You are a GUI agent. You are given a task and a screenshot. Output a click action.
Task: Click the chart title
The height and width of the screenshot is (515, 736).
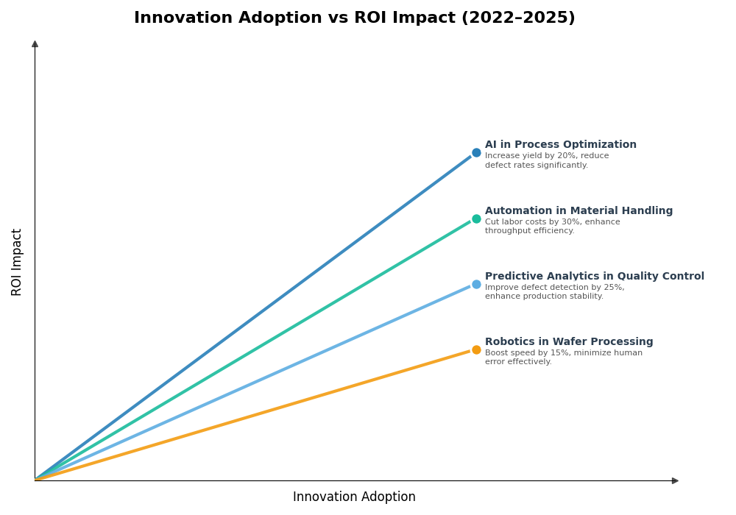point(354,18)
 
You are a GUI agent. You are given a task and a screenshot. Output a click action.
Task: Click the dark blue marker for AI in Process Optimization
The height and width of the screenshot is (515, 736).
point(476,153)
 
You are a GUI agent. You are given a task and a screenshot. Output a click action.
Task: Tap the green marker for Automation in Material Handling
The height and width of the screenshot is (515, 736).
point(476,219)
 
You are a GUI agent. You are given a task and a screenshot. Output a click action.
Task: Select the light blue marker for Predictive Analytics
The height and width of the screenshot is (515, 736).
point(476,284)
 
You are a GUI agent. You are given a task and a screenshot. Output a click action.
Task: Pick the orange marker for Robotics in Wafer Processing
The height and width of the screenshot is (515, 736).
point(476,349)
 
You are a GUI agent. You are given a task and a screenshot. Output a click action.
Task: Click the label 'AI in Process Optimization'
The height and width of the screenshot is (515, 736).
point(560,145)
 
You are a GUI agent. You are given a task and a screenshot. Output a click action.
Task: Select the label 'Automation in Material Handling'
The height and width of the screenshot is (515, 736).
point(578,211)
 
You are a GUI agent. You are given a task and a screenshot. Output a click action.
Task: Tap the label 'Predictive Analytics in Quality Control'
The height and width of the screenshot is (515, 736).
point(594,277)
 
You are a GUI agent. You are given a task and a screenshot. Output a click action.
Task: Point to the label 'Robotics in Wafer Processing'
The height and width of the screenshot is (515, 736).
point(568,342)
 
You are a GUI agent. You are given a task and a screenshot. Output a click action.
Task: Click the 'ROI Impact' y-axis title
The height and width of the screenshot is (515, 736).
point(17,262)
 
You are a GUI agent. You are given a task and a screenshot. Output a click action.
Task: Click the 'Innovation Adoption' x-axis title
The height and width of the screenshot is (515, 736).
point(354,497)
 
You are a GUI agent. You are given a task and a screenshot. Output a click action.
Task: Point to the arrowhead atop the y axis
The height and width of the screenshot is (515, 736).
point(35,44)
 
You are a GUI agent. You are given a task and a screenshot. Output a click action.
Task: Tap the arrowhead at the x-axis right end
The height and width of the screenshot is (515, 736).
point(675,480)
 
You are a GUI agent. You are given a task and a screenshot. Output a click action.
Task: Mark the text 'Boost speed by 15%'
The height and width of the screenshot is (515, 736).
point(522,353)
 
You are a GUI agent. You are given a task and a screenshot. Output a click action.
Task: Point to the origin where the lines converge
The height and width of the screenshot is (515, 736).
point(35,480)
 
